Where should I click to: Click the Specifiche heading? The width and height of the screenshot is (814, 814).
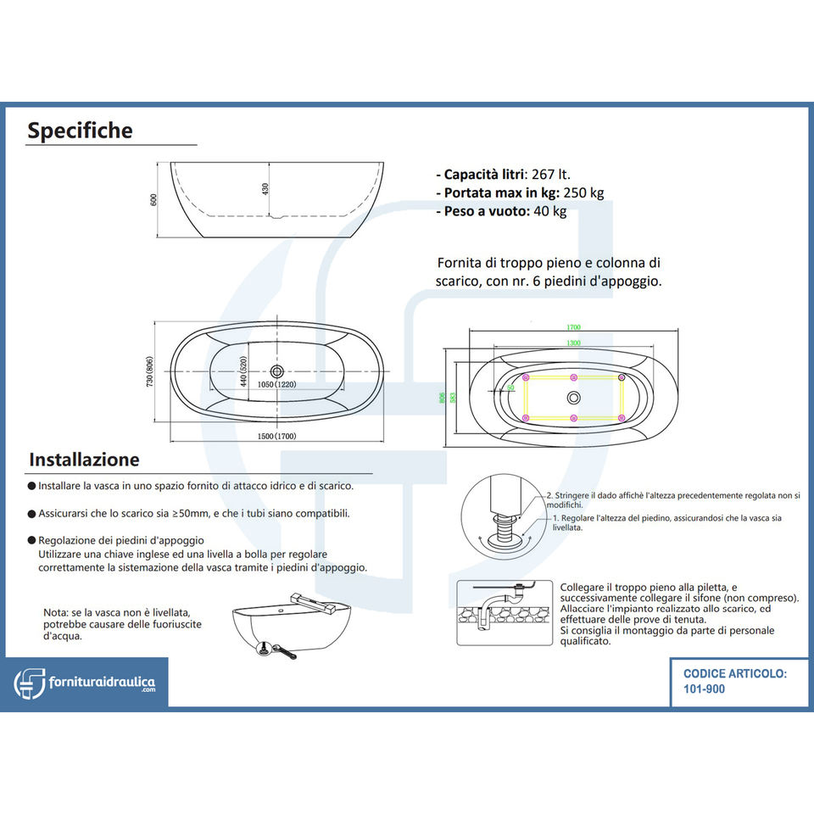click(x=80, y=131)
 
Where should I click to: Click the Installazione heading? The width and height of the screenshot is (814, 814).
click(x=84, y=460)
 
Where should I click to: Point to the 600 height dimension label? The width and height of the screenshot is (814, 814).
click(x=154, y=199)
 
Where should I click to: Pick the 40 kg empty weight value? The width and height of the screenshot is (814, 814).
click(x=549, y=211)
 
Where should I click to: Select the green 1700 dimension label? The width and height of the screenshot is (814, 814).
click(x=574, y=328)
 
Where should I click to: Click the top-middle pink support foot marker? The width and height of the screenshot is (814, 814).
click(x=574, y=377)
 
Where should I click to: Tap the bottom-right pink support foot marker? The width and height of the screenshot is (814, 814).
click(x=622, y=418)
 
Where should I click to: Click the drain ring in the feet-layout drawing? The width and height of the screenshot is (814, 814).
click(x=574, y=398)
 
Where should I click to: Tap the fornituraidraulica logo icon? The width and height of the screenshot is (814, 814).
click(x=31, y=682)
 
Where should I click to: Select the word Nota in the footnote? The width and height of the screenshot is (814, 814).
click(x=58, y=612)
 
